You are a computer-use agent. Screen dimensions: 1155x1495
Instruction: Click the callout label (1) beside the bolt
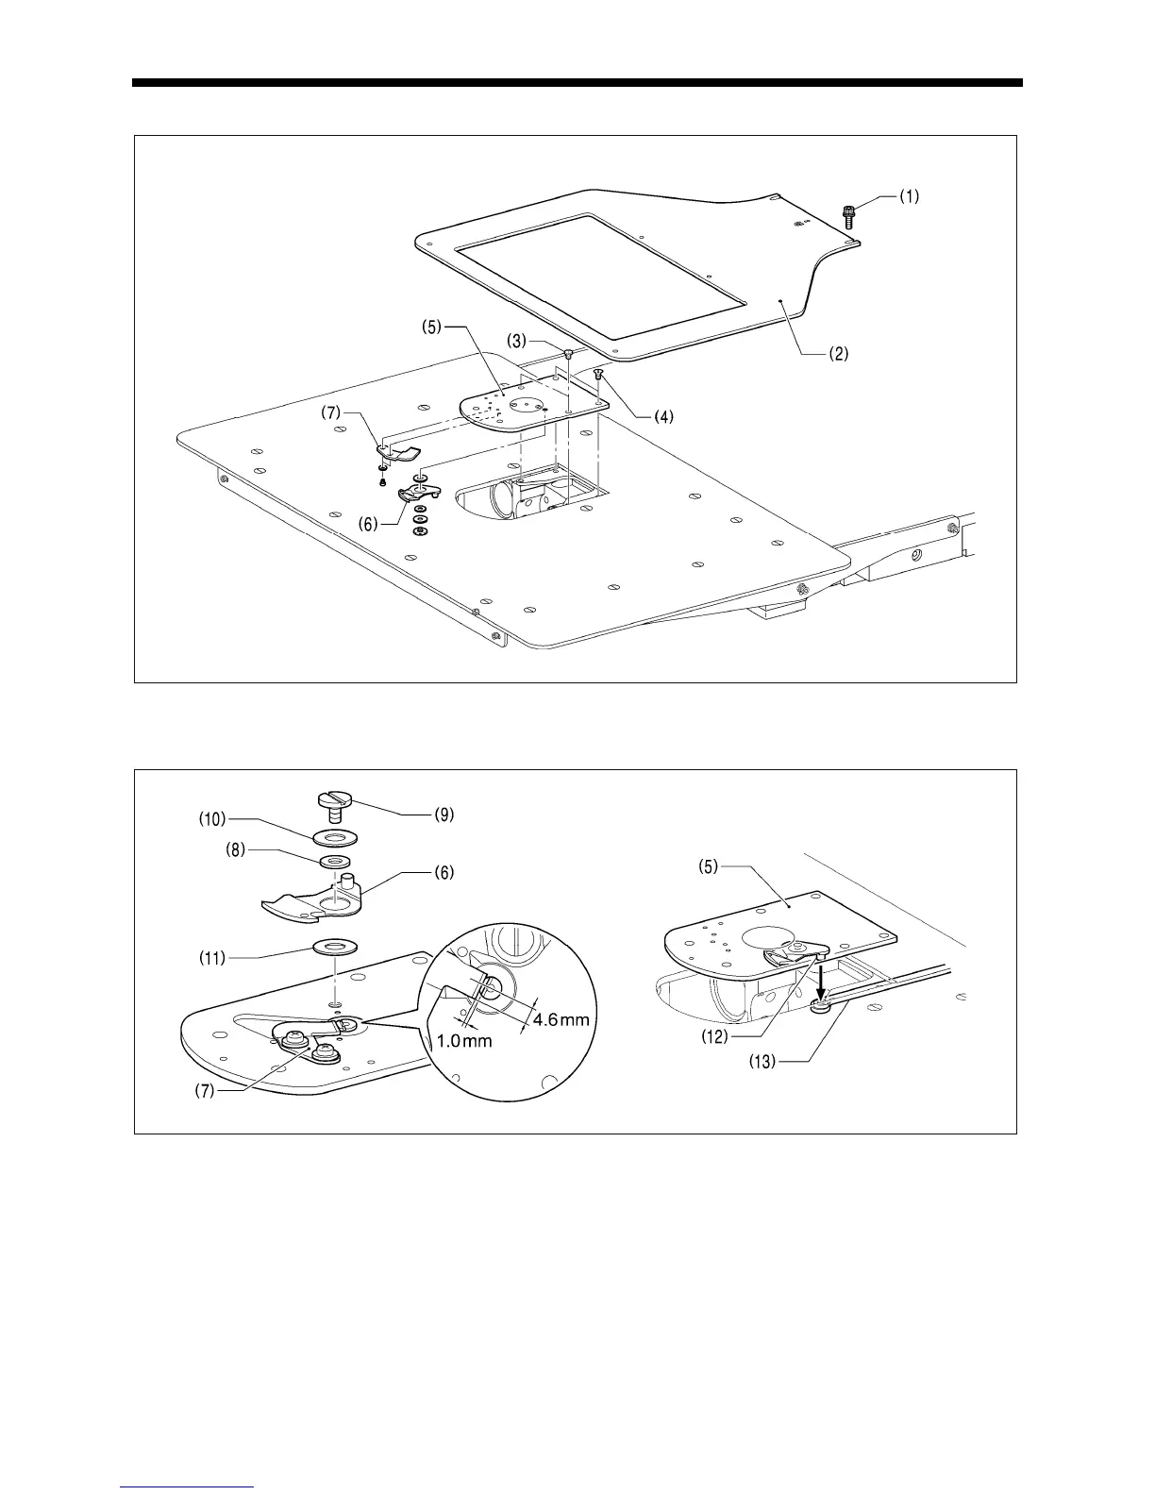pos(908,198)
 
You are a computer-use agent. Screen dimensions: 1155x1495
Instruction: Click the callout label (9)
pos(443,815)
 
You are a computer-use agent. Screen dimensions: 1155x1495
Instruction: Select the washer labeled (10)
pos(336,838)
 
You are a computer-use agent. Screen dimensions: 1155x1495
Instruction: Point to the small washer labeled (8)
pos(337,861)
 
